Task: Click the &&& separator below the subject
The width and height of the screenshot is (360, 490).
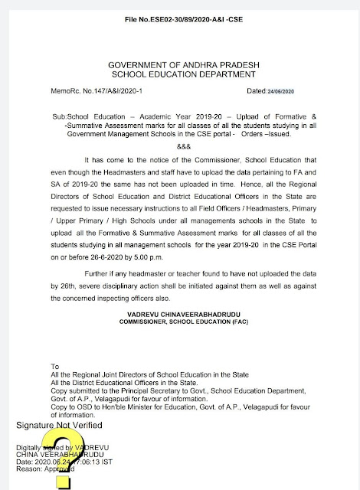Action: tap(182, 145)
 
